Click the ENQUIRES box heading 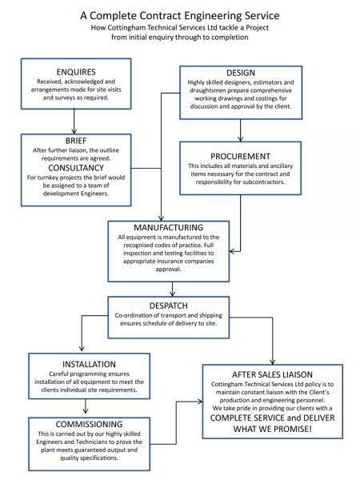[74, 71]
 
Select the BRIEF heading [74, 138]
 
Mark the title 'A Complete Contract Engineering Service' [180, 15]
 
